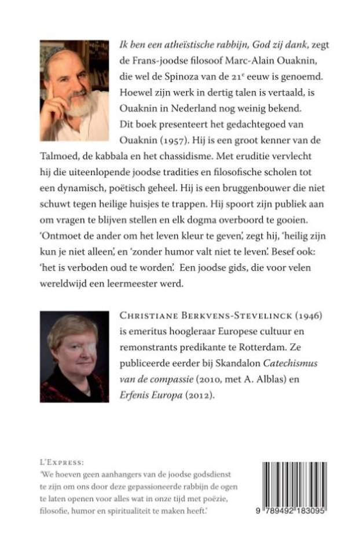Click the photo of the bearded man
click(74, 91)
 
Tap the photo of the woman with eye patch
click(74, 356)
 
